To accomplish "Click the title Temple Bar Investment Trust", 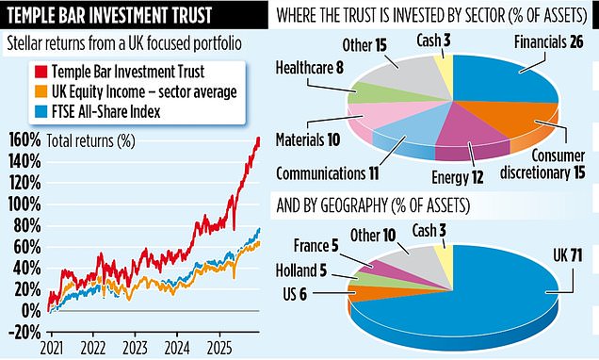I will tap(132, 16).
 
